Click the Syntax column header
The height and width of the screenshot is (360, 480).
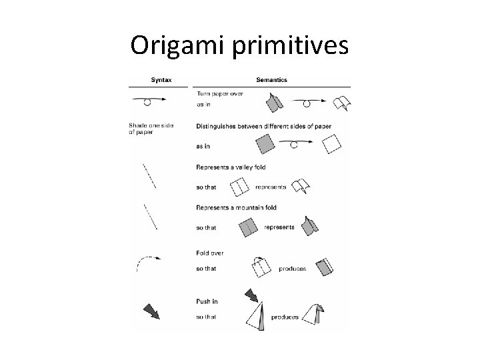159,79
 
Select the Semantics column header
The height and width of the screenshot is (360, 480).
272,79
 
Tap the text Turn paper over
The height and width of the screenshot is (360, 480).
220,94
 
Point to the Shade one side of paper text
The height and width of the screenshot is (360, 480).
149,128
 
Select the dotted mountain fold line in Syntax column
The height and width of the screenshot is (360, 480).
151,217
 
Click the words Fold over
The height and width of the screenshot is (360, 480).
210,253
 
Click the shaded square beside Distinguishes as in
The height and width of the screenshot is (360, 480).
265,143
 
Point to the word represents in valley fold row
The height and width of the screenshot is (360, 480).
271,187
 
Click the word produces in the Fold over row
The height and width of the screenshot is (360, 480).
293,269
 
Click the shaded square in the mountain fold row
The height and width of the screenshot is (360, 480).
249,227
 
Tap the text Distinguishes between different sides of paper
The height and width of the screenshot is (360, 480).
264,125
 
